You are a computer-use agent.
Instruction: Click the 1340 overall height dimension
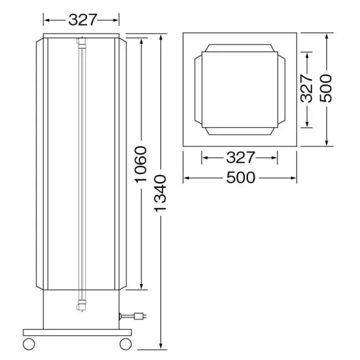pos(160,193)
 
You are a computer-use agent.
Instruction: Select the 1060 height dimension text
pos(141,164)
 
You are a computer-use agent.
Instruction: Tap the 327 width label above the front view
pos(82,20)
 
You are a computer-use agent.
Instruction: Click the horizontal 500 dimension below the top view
pos(241,177)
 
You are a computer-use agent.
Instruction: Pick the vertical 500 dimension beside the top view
pos(326,88)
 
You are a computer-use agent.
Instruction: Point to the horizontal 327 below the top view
pos(240,158)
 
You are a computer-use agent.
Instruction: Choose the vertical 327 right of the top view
pos(306,88)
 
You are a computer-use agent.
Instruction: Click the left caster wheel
pos(29,344)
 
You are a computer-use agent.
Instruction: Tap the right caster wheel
pos(126,344)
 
